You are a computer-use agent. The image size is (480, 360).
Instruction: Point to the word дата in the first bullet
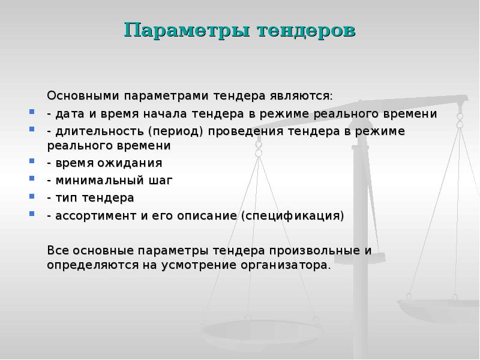[x=68, y=113]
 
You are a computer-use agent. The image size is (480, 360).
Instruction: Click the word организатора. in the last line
[x=290, y=265]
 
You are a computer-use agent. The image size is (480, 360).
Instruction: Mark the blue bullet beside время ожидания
[x=32, y=162]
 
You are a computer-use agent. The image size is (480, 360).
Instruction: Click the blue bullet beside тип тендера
[x=32, y=197]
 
